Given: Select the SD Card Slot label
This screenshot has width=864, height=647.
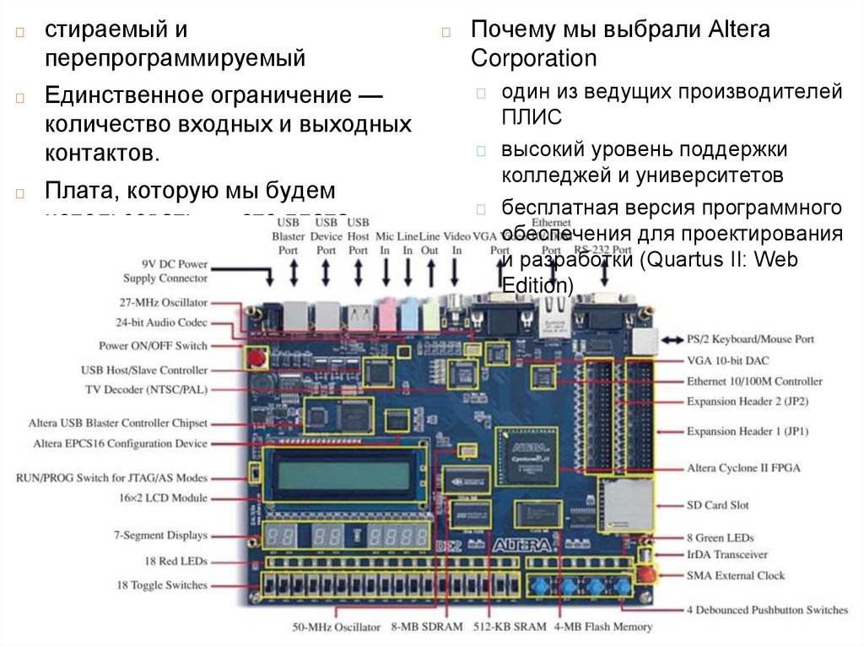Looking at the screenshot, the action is [x=716, y=505].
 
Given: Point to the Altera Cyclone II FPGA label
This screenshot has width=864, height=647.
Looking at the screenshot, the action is [x=743, y=468].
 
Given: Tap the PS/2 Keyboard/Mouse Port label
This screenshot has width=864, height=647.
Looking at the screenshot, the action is [x=750, y=339].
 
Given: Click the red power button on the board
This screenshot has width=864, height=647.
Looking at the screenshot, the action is [x=254, y=358].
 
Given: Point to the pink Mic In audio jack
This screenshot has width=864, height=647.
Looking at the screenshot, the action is [x=386, y=315].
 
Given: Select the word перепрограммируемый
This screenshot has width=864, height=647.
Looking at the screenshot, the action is [x=175, y=59].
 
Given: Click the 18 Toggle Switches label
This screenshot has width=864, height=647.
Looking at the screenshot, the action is [x=162, y=585].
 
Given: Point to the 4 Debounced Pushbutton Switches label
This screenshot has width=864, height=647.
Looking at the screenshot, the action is [x=767, y=610].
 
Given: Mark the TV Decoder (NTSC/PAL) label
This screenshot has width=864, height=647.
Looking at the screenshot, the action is [x=146, y=390].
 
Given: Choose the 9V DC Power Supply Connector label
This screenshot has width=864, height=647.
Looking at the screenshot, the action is [x=165, y=271].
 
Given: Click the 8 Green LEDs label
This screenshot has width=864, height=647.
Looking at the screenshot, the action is [x=720, y=537].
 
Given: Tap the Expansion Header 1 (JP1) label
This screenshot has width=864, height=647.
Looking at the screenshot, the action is [x=748, y=431].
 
